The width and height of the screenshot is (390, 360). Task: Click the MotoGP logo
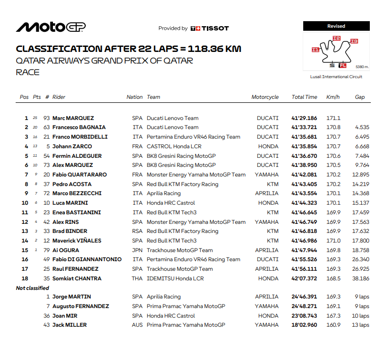50,27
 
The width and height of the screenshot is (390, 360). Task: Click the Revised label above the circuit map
336,26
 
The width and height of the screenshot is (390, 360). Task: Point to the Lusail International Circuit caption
336,77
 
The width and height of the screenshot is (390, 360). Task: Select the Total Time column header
304,97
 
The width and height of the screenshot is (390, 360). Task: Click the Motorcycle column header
265,97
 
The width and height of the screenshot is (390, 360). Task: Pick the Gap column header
359,97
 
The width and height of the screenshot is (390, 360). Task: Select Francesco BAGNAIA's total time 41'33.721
305,128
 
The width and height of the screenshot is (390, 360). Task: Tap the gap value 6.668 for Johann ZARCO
362,146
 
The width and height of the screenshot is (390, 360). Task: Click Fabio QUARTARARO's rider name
81,174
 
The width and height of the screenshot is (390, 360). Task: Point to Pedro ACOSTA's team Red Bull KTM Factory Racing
182,184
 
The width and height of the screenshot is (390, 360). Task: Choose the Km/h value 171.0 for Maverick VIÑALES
333,241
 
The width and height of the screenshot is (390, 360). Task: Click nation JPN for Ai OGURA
137,250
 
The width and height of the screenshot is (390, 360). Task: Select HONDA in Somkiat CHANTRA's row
267,278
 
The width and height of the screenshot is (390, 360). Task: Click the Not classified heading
33,288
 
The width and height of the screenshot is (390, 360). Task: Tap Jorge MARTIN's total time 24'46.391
305,297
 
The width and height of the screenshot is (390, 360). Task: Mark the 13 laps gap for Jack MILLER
361,325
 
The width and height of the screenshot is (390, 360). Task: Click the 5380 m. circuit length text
362,67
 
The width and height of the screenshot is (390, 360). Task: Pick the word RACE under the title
28,72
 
